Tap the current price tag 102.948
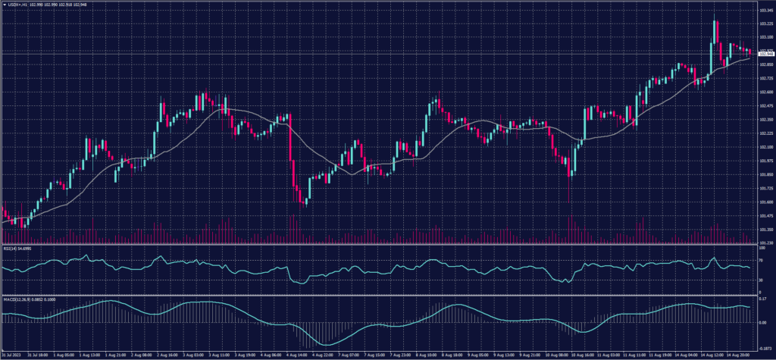(x=765, y=54)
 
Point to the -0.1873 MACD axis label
(x=764, y=347)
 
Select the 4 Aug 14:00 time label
(x=297, y=354)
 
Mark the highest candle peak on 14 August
(x=715, y=20)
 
